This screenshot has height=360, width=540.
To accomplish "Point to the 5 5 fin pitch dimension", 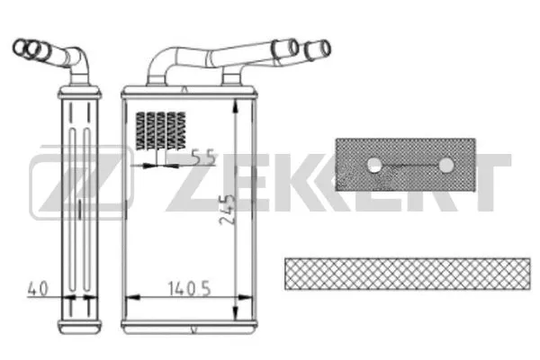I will point(202,159).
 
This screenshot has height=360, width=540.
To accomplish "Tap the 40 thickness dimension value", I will point(38,290).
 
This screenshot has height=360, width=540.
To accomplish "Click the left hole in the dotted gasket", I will point(374,165).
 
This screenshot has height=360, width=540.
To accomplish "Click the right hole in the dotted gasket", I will point(445,165).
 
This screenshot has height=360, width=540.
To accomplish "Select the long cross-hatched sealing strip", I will point(407,273).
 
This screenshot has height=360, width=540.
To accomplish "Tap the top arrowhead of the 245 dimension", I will point(236,103).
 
